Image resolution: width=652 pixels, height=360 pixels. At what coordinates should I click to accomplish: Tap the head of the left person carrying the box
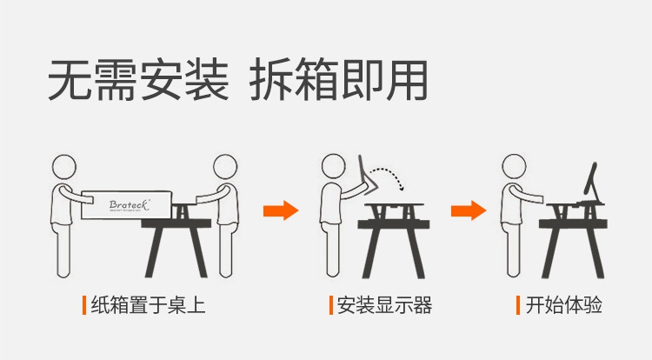click(x=64, y=167)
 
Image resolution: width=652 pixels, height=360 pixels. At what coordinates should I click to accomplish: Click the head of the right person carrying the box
click(x=225, y=167)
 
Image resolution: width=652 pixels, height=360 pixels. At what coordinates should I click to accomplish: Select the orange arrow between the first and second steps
click(x=281, y=210)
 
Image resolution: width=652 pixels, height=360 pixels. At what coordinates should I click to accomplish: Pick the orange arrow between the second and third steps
click(x=469, y=210)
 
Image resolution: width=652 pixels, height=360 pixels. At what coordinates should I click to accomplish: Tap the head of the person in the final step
click(x=514, y=166)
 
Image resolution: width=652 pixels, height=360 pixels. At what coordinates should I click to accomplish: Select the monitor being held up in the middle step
click(x=366, y=175)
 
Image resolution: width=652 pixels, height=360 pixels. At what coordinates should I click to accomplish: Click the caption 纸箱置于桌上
click(x=148, y=304)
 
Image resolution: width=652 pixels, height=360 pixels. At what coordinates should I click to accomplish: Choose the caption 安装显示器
click(x=384, y=304)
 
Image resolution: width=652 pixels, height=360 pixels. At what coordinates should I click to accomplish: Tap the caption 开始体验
click(x=564, y=304)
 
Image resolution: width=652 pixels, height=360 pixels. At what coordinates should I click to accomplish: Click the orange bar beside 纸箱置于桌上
click(x=84, y=305)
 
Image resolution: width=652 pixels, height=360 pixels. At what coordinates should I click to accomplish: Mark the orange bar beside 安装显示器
click(x=331, y=305)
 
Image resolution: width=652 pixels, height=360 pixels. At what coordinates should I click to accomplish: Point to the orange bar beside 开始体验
click(x=518, y=305)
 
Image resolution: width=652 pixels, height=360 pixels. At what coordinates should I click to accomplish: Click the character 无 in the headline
click(x=70, y=79)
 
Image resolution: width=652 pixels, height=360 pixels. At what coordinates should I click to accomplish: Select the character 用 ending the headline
click(x=406, y=79)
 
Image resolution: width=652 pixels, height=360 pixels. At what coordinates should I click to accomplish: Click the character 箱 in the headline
click(x=316, y=79)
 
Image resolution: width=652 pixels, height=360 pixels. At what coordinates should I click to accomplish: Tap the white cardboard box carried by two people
click(x=127, y=205)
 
